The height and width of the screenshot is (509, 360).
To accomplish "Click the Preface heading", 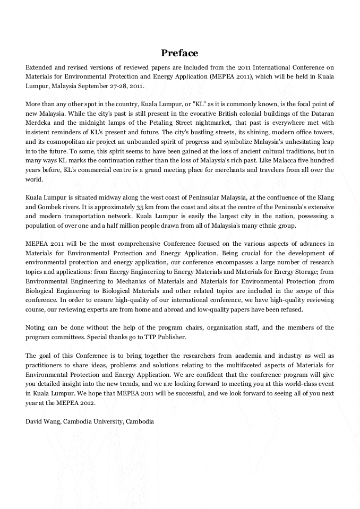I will (179, 53).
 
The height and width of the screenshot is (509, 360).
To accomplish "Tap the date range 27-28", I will (122, 85).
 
